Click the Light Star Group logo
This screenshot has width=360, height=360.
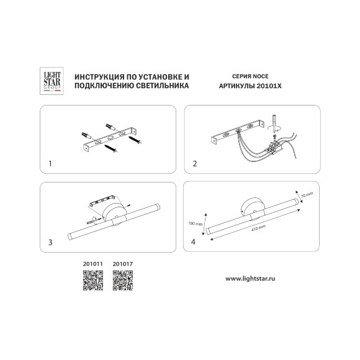point(52,81)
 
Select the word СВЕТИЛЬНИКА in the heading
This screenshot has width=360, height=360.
point(163,86)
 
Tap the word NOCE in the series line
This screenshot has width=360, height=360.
point(260,76)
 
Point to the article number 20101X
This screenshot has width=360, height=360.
point(269,86)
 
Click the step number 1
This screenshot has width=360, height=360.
point(50,164)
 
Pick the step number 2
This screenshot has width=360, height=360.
point(195,164)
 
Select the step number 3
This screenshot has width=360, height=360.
point(50,242)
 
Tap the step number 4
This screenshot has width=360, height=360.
point(193,242)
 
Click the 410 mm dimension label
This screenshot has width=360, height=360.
point(258,228)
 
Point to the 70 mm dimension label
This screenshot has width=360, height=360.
point(307,195)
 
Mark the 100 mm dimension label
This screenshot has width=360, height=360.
point(195,223)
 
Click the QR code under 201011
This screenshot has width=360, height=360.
point(93,281)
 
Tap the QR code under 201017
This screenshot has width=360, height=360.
point(123,281)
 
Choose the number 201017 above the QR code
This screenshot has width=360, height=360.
point(123,264)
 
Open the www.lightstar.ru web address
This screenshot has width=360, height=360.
point(250,279)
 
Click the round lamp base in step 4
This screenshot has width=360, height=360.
point(253,207)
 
